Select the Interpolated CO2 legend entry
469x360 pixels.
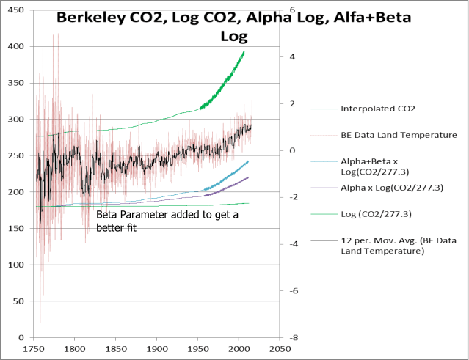(x=378, y=109)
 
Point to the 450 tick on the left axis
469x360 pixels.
(x=14, y=10)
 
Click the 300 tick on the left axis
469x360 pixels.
(x=14, y=120)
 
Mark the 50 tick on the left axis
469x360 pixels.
(x=16, y=301)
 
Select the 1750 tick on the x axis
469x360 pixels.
(x=34, y=349)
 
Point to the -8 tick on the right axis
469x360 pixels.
(x=292, y=337)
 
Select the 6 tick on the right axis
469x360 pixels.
(x=292, y=10)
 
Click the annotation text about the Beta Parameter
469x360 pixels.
(x=169, y=221)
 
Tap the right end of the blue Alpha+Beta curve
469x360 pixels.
(x=249, y=161)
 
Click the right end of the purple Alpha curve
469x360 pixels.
(x=249, y=177)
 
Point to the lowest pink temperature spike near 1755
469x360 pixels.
(x=40, y=323)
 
